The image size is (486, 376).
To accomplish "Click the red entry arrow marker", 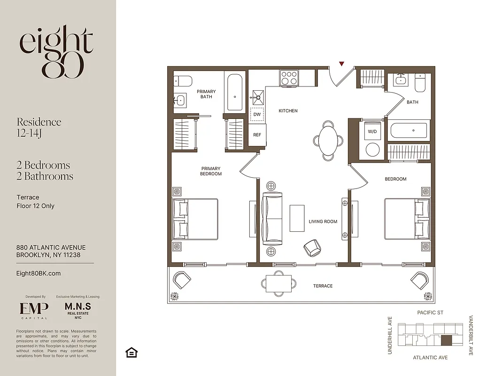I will [342, 63].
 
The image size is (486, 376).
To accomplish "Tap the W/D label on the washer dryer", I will [372, 132].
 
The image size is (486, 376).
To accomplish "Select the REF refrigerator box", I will [257, 135].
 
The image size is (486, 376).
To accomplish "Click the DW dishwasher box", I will [257, 114].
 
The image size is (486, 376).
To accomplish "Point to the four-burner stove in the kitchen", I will [289, 78].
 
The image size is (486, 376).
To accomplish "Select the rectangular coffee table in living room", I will [297, 218].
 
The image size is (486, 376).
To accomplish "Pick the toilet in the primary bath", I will [182, 81].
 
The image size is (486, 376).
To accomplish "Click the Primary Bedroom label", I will [211, 171].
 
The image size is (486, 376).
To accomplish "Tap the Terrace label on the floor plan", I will [323, 286].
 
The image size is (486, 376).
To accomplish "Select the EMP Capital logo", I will [34, 310].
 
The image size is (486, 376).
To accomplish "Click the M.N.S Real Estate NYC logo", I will [77, 309].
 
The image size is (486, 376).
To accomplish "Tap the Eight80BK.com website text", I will [39, 273].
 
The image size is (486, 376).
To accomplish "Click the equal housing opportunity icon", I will [131, 352].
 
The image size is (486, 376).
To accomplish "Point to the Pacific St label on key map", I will [430, 313].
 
